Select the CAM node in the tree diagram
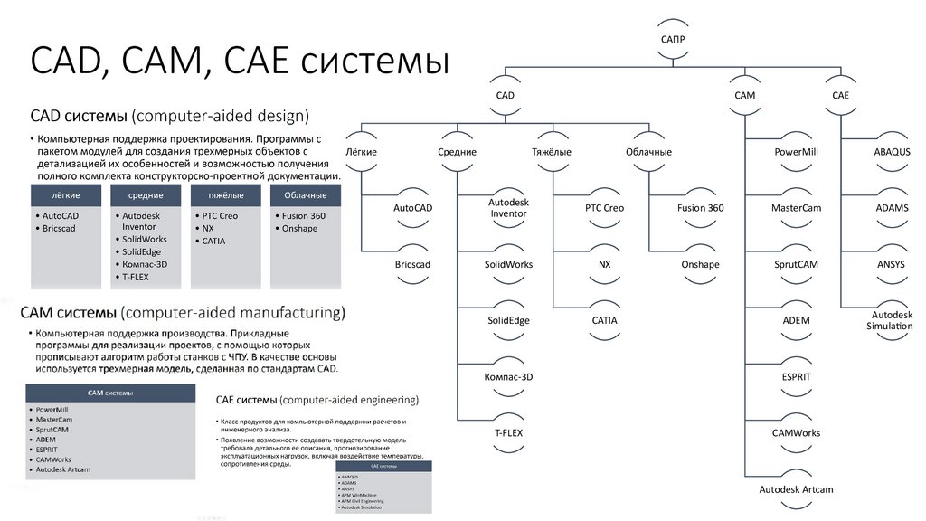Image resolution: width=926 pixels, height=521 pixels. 744,95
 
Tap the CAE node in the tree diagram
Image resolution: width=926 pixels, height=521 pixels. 840,95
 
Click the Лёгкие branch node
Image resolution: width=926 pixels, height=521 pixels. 361,152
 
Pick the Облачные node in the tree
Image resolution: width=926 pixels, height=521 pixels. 648,152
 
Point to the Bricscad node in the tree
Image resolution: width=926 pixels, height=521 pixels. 412,264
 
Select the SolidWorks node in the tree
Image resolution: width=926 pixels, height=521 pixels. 508,264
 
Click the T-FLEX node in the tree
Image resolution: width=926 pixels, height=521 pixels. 508,433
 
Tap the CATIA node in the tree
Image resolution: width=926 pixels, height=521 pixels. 604,320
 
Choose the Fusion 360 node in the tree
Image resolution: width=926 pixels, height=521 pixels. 700,208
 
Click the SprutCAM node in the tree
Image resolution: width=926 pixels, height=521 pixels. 796,264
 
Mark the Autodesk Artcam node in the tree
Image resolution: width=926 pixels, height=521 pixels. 796,489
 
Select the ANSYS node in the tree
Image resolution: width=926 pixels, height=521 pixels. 891,264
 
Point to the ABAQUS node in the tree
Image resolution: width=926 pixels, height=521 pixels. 891,152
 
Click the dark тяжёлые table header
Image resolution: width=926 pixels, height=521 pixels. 225,195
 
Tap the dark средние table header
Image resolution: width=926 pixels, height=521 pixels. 146,195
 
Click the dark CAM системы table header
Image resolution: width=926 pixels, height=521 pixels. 110,393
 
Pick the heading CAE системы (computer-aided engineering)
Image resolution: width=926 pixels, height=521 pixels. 317,399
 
